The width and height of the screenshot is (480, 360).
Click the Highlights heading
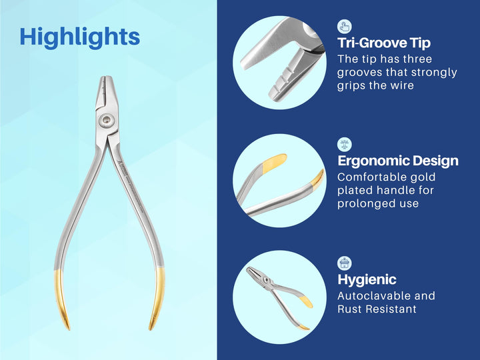pyautogui.click(x=79, y=37)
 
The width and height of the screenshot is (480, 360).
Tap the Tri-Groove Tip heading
pyautogui.click(x=384, y=43)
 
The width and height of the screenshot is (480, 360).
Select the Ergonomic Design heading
pyautogui.click(x=397, y=161)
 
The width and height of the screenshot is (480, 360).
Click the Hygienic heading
pyautogui.click(x=367, y=279)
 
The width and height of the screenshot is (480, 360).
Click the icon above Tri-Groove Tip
pyautogui.click(x=345, y=26)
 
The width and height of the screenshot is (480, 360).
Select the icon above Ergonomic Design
pyautogui.click(x=345, y=144)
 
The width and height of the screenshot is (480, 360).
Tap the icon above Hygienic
pyautogui.click(x=345, y=263)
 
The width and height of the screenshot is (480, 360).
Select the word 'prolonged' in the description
pyautogui.click(x=365, y=203)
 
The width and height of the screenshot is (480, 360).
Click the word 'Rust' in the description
pyautogui.click(x=351, y=309)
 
